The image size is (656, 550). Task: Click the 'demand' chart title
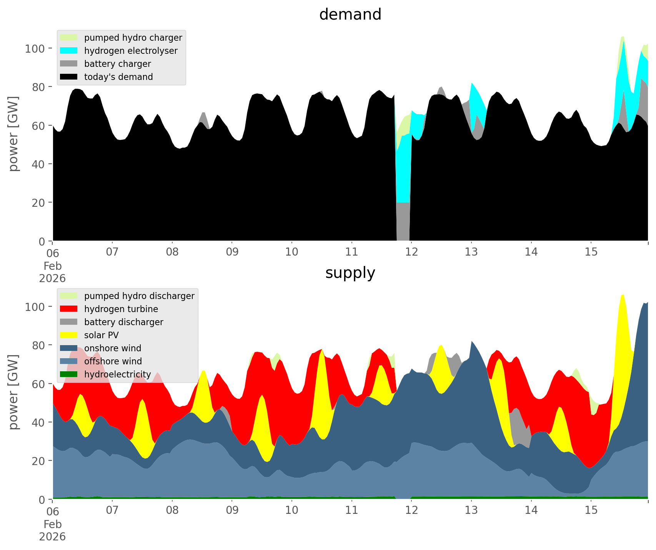(350, 15)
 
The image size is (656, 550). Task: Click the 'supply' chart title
(350, 273)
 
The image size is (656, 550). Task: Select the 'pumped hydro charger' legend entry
(133, 38)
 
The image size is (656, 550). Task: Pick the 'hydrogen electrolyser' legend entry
(130, 51)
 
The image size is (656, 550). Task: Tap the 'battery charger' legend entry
(117, 64)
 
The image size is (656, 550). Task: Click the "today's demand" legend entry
(118, 77)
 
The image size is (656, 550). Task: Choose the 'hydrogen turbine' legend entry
(121, 309)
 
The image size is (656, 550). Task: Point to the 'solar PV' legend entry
(101, 335)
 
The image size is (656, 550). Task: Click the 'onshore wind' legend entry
(112, 348)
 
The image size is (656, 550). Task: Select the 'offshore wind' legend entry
(113, 361)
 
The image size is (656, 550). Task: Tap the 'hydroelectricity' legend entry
(117, 374)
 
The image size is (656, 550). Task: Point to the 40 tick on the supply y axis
(38, 422)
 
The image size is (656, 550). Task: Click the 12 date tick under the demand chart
(411, 252)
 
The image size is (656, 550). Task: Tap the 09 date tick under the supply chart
(232, 510)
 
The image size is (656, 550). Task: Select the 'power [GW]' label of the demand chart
(13, 134)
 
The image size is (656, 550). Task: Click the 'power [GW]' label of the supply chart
(13, 392)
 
